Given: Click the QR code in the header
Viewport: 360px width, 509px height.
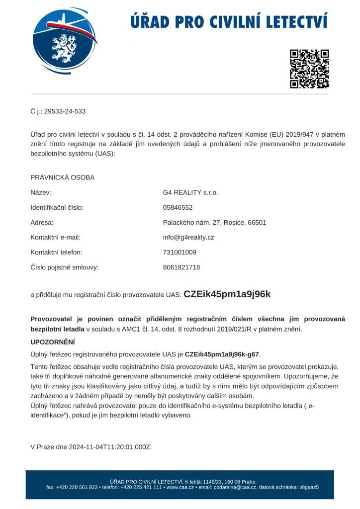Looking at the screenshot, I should tap(309, 69).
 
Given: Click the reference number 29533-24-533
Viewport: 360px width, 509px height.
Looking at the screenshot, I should tap(65, 111).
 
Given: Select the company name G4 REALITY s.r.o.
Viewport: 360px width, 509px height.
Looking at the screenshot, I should tap(190, 192).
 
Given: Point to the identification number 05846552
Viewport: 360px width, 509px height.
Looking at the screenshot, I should tap(178, 207).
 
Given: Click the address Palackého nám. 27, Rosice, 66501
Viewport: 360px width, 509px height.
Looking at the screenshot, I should tap(214, 222).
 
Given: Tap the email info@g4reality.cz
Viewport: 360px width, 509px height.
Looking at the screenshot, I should tap(188, 237).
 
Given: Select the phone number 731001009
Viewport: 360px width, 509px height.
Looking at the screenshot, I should tap(180, 252).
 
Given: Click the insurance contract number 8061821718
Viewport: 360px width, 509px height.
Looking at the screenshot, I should tap(181, 267).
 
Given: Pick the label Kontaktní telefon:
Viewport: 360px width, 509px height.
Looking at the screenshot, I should tap(56, 252).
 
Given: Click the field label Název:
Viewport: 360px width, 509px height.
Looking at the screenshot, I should tap(41, 192).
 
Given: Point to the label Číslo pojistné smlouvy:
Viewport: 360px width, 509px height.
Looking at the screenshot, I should tap(65, 267).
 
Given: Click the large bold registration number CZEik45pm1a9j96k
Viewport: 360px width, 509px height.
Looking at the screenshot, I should tap(227, 294).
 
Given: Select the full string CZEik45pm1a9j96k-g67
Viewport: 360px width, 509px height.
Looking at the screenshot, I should tap(222, 354).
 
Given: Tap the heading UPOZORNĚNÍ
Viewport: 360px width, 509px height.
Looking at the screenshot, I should tap(53, 342).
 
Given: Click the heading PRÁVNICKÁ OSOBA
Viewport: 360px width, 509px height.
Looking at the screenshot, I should tap(63, 177).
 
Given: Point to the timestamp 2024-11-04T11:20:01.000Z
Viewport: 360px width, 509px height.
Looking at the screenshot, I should tap(111, 447).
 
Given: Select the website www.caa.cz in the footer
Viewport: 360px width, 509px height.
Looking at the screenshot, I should tap(180, 487).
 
